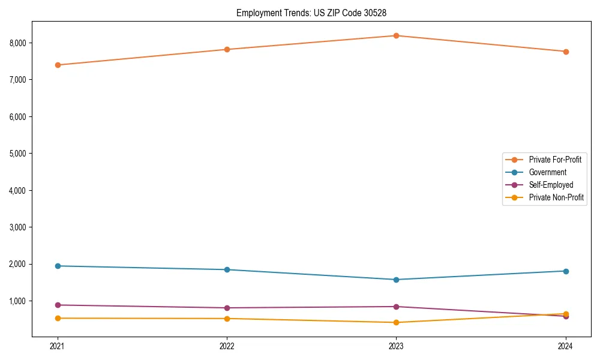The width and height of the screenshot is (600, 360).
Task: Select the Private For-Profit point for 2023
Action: click(397, 35)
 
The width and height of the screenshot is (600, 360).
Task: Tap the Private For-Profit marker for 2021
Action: click(58, 65)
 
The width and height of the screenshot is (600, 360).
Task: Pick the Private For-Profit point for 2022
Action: click(227, 49)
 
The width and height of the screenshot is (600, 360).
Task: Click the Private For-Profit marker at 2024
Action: click(566, 52)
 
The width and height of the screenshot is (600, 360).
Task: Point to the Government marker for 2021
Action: click(58, 266)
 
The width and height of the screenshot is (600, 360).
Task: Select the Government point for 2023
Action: click(397, 280)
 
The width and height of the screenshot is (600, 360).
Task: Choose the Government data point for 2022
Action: click(227, 269)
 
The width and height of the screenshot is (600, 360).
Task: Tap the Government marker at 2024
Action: click(566, 271)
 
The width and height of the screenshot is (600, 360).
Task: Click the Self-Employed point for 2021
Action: click(58, 305)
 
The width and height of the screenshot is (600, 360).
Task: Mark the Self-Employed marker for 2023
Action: click(397, 307)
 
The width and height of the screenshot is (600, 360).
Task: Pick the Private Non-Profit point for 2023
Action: click(397, 322)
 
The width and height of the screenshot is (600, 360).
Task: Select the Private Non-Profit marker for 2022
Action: click(227, 319)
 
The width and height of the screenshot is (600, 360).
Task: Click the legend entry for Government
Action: click(547, 172)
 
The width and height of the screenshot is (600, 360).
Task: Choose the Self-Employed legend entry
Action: click(551, 185)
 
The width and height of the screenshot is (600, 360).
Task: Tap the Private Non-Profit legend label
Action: click(556, 197)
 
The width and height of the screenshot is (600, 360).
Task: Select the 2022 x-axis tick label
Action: click(227, 346)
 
